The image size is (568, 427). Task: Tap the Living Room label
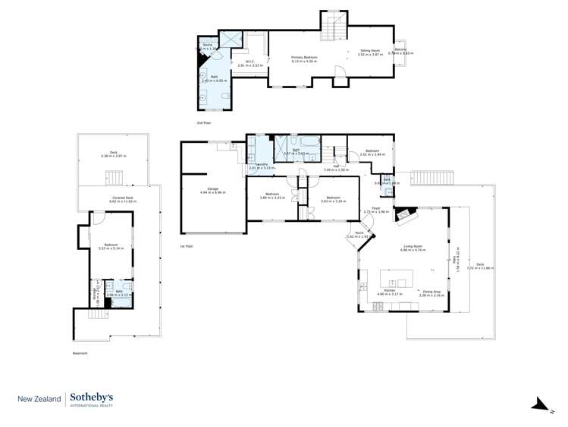pyautogui.click(x=412, y=247)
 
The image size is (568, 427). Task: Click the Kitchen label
pyautogui.click(x=389, y=291)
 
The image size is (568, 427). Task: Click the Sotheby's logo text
pyautogui.click(x=92, y=397)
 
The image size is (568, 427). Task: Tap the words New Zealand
pyautogui.click(x=39, y=398)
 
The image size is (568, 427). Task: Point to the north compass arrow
pyautogui.click(x=538, y=404)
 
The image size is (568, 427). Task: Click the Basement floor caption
pyautogui.click(x=80, y=353)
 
